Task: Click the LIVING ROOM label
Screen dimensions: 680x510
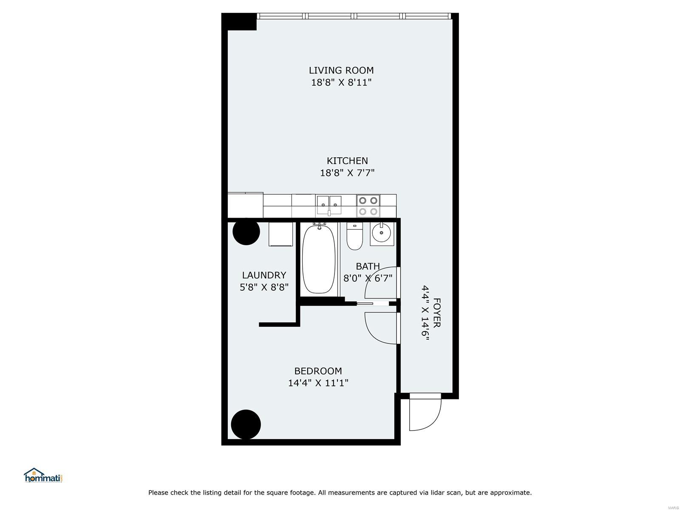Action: pos(341,71)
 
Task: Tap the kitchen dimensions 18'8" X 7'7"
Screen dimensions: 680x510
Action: pos(347,173)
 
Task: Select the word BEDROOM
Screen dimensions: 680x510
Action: pos(318,371)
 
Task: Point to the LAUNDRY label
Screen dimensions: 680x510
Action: pos(264,275)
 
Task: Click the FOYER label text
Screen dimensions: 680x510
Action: pos(436,313)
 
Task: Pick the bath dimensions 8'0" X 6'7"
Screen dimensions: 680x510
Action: pos(368,278)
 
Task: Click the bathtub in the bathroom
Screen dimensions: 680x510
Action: pos(319,259)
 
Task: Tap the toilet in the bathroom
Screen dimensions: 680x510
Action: pos(355,236)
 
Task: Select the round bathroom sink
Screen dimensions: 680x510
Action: pos(381,233)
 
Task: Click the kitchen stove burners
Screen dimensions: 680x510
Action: pos(368,206)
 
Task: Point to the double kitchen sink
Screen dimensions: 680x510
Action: pos(329,205)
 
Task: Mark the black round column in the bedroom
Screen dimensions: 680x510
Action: pos(246,424)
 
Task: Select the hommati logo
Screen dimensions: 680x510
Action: pos(43,475)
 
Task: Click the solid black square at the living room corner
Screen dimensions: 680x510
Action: pos(239,22)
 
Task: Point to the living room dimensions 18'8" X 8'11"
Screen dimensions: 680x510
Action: pos(341,82)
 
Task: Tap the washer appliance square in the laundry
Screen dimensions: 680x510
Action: pos(280,234)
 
